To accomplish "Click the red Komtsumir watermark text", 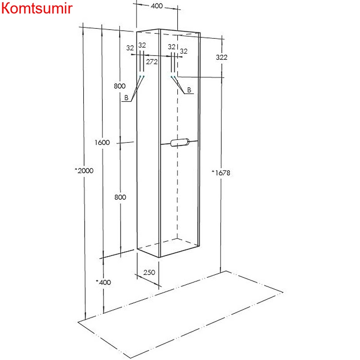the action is click(x=37, y=8).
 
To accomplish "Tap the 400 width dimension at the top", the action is click(x=157, y=6).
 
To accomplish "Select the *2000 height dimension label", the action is click(x=84, y=171).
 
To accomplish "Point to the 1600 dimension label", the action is click(x=102, y=142).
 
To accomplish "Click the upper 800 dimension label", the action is click(x=120, y=86).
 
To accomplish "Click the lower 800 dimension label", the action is click(x=120, y=197).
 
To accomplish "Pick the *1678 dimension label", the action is click(x=221, y=173).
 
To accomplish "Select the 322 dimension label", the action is click(x=221, y=57).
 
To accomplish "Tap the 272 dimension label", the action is click(x=152, y=62).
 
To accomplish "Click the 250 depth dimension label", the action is click(x=149, y=272).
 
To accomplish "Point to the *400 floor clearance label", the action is click(x=103, y=282).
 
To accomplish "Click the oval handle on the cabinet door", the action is click(x=180, y=142).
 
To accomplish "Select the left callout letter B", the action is click(x=126, y=98).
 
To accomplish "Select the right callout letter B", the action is click(x=189, y=90).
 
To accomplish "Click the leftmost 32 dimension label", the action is click(x=130, y=48).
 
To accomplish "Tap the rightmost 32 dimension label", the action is click(x=184, y=51).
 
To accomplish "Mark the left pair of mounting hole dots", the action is click(x=142, y=76).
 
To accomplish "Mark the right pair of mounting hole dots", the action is click(x=173, y=76).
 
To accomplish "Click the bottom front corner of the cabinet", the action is click(x=159, y=257).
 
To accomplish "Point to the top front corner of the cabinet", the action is click(x=159, y=29).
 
